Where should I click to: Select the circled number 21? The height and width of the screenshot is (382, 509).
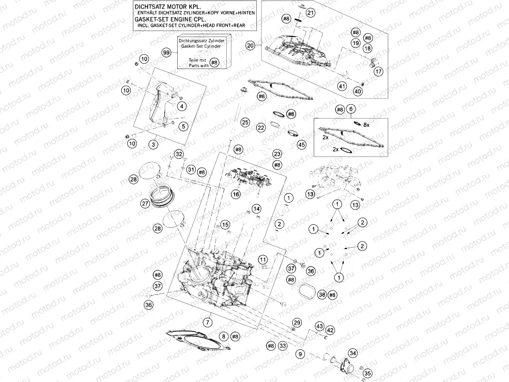(310, 13)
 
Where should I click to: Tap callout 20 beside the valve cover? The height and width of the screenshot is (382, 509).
(250, 45)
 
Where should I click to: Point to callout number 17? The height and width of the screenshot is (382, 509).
(379, 72)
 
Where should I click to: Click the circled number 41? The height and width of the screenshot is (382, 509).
(342, 86)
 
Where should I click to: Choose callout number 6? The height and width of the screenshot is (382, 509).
(351, 109)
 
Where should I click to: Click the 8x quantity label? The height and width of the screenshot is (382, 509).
(366, 125)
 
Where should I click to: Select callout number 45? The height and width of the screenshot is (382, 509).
(302, 145)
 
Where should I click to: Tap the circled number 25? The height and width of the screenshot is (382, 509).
(245, 122)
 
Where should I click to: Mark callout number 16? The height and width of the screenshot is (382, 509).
(236, 194)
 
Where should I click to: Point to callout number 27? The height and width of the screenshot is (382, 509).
(145, 203)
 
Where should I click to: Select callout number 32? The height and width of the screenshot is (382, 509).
(179, 154)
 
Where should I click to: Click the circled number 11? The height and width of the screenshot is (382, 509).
(263, 259)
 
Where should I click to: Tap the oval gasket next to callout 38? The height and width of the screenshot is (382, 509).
(306, 292)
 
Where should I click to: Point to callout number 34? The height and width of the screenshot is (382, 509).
(353, 353)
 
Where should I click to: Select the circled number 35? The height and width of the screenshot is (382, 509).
(367, 373)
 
